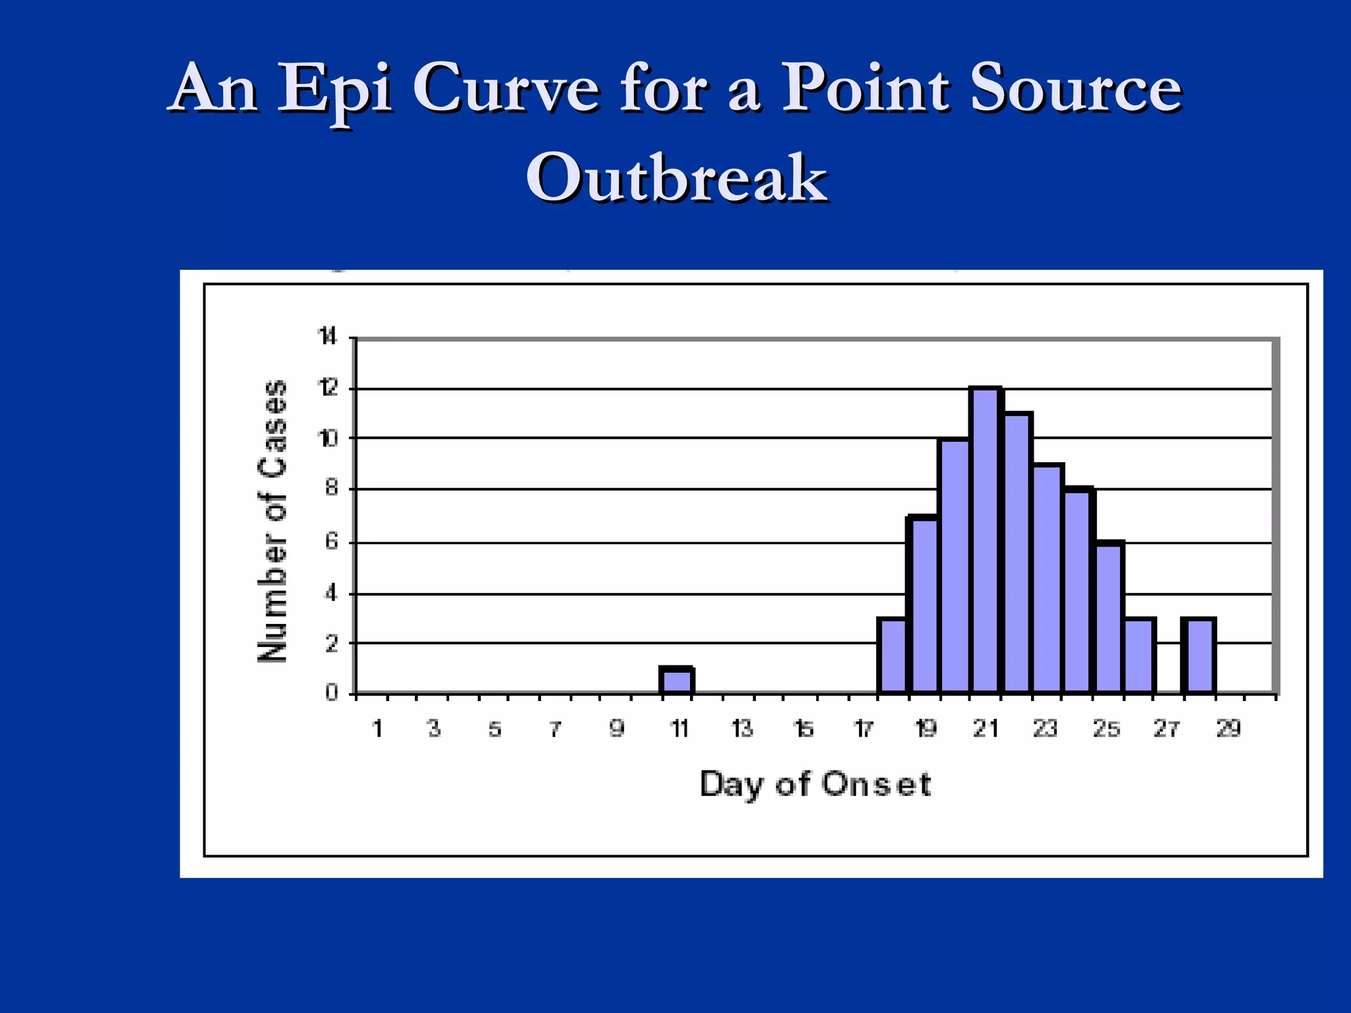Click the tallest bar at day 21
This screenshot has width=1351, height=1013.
coord(986,541)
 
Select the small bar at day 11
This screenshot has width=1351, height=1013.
coord(677,681)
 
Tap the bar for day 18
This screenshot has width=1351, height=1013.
coord(892,656)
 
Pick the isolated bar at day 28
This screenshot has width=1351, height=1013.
coord(1199,656)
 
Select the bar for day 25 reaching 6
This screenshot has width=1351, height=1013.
coord(1110,617)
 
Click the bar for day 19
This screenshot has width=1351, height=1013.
coord(923,604)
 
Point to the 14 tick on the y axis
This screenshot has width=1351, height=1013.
coord(328,338)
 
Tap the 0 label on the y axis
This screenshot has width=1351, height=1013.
coord(331,693)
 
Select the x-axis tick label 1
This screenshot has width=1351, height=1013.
coord(377,729)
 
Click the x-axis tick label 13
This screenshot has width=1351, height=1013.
coord(742,729)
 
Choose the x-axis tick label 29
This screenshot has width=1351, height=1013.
coord(1228,729)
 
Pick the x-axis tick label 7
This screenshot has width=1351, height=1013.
coord(555,729)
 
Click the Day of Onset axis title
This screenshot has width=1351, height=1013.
coord(815,785)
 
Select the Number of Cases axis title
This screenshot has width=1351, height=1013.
coord(272,521)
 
